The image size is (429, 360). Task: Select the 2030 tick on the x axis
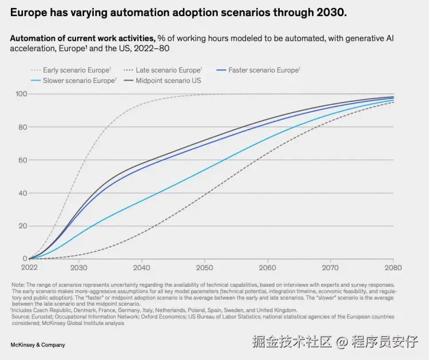pyautogui.click(x=79, y=268)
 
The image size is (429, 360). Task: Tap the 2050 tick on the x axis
pyautogui.click(x=204, y=268)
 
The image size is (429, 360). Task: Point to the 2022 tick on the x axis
pyautogui.click(x=29, y=268)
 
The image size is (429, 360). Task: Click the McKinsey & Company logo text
pyautogui.click(x=38, y=345)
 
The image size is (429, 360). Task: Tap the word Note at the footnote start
pyautogui.click(x=18, y=284)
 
